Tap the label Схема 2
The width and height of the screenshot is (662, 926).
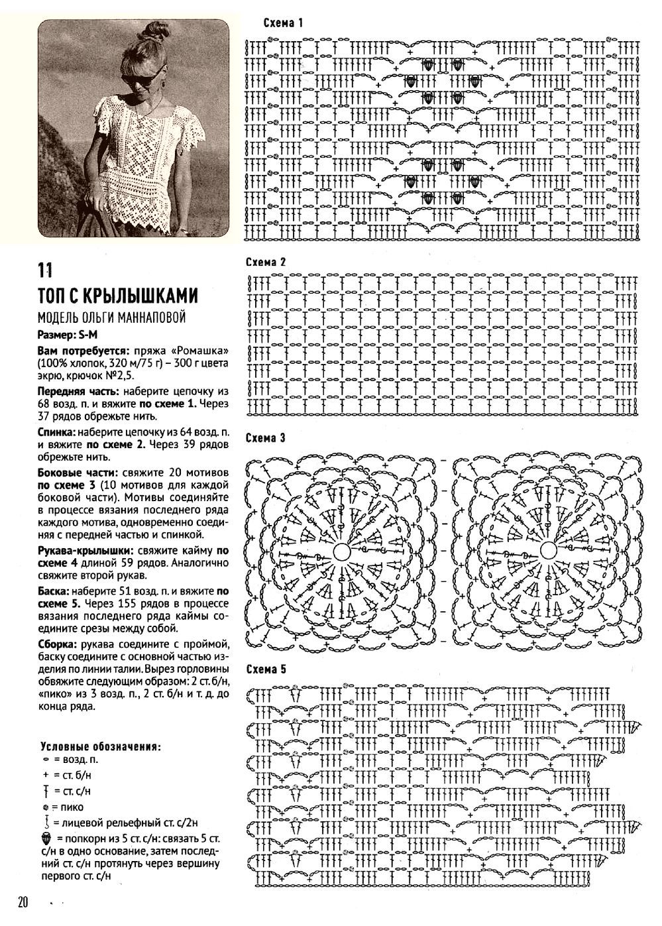pyautogui.click(x=265, y=262)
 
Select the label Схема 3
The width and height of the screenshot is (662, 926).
pyautogui.click(x=265, y=438)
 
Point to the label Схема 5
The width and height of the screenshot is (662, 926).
pyautogui.click(x=265, y=669)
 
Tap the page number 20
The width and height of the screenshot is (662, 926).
pyautogui.click(x=24, y=902)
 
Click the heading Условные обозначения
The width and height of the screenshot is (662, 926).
pyautogui.click(x=100, y=746)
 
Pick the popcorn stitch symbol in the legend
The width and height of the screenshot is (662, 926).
pyautogui.click(x=45, y=839)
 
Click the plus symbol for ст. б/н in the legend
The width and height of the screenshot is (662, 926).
pyautogui.click(x=45, y=774)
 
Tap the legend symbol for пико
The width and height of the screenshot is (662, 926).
pyautogui.click(x=45, y=807)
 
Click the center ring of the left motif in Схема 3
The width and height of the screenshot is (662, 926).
pyautogui.click(x=341, y=551)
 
